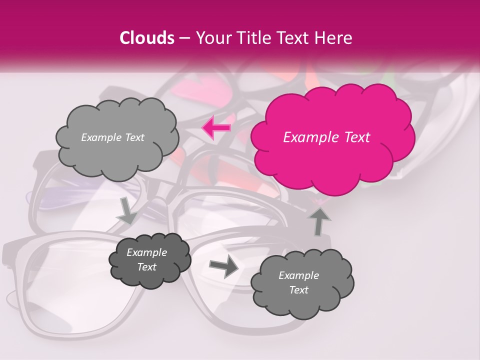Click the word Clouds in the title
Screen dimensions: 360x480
(147, 38)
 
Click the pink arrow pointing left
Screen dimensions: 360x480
(216, 128)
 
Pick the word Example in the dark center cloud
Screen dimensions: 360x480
(146, 252)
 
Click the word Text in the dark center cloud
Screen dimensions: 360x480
(146, 267)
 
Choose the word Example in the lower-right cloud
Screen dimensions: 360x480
(298, 275)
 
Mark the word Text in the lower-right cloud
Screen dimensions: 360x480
(298, 290)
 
